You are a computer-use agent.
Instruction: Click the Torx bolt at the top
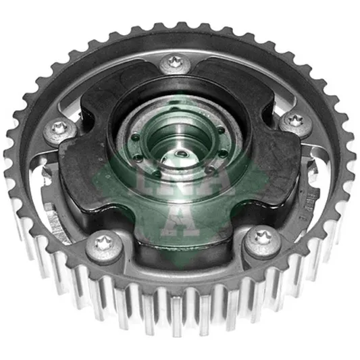pos(175,63)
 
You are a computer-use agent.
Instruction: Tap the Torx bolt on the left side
pos(60,131)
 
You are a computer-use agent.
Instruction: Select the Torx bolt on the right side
pos(296,124)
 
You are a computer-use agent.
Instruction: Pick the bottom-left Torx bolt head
pos(105,246)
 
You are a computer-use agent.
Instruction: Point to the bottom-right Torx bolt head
pos(263,240)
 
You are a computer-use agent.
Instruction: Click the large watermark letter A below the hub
pos(180,220)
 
